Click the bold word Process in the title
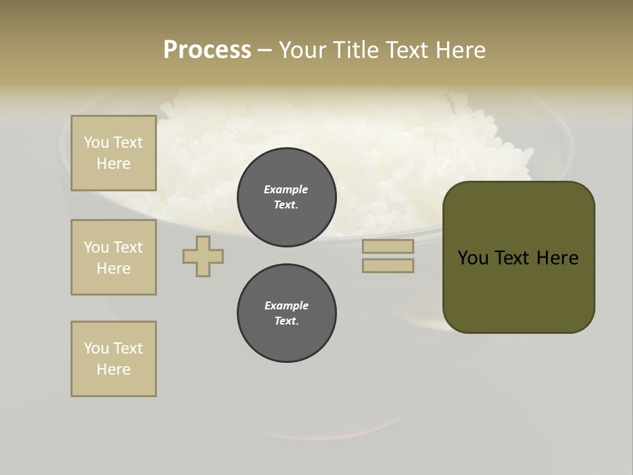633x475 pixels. pyautogui.click(x=207, y=49)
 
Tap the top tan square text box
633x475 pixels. pyautogui.click(x=113, y=153)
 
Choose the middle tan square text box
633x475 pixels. pyautogui.click(x=113, y=257)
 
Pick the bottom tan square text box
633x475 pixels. pyautogui.click(x=113, y=359)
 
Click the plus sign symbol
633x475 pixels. pyautogui.click(x=203, y=256)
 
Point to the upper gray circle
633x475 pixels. pyautogui.click(x=286, y=197)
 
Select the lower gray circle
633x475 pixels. pyautogui.click(x=286, y=313)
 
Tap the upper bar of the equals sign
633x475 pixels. pyautogui.click(x=388, y=247)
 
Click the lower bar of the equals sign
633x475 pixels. pyautogui.click(x=388, y=266)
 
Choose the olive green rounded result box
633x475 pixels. pyautogui.click(x=518, y=257)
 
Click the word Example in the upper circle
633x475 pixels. pyautogui.click(x=286, y=189)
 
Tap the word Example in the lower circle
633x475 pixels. pyautogui.click(x=286, y=305)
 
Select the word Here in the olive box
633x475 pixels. pyautogui.click(x=557, y=258)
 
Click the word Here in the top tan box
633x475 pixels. pyautogui.click(x=113, y=164)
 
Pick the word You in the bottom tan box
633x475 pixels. pyautogui.click(x=96, y=348)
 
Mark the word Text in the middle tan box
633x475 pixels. pyautogui.click(x=127, y=247)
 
